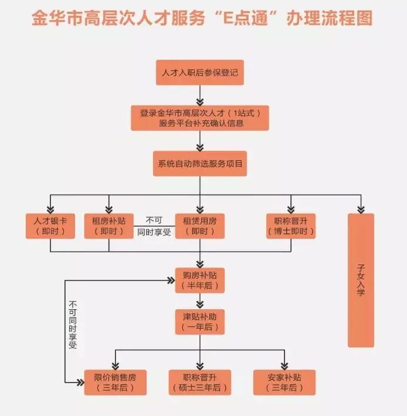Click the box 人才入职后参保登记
(199, 73)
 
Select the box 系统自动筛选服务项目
(199, 163)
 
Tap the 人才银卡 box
(50, 226)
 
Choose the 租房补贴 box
(108, 226)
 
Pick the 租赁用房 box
(199, 226)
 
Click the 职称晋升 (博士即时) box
(291, 226)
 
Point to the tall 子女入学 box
(361, 280)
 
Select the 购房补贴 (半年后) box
(199, 280)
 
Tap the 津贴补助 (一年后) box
(199, 322)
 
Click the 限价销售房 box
(116, 381)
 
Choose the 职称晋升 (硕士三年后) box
(199, 381)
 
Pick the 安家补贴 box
(284, 381)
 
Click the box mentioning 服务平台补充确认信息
(199, 117)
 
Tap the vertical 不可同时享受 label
(73, 325)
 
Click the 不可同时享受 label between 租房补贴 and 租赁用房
(154, 226)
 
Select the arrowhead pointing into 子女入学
(361, 208)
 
